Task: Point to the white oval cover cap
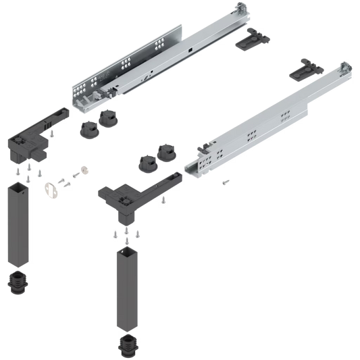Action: point(49,189)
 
